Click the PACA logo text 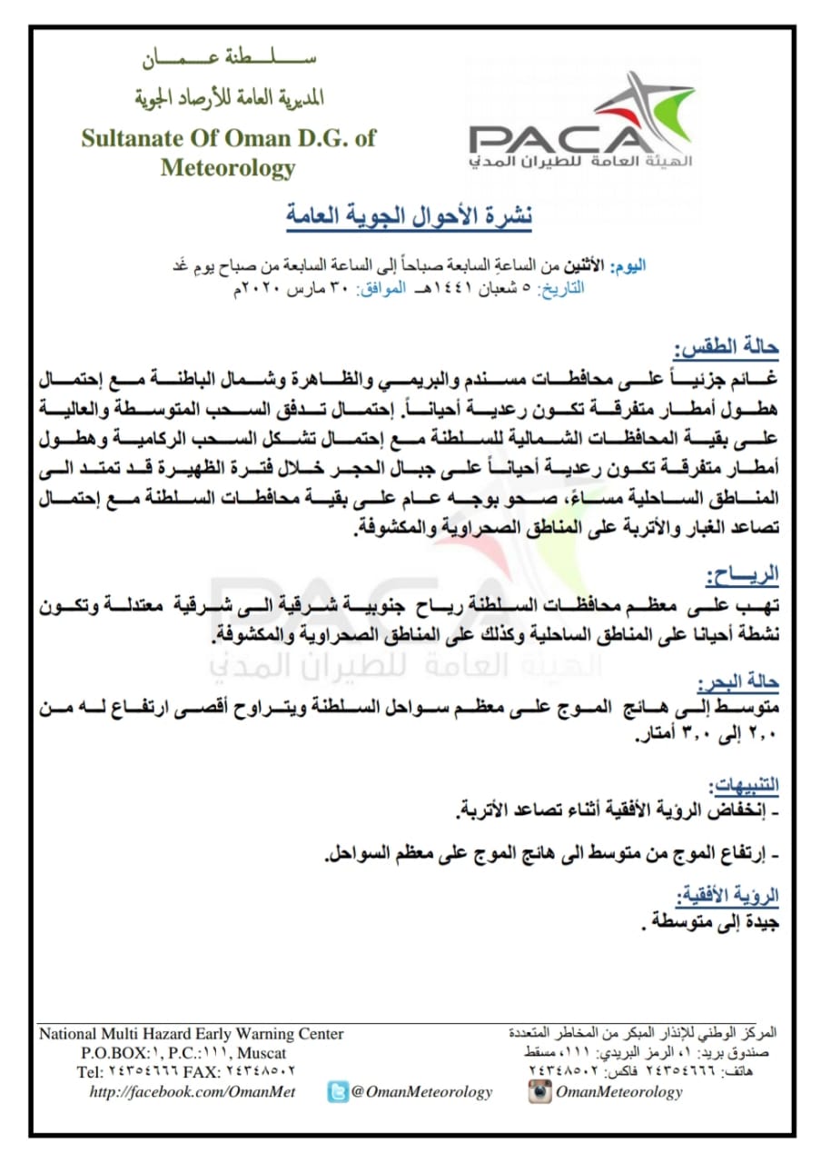click(x=556, y=139)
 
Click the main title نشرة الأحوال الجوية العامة click(x=403, y=216)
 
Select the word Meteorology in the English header click(x=228, y=168)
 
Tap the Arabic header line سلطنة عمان click(x=229, y=63)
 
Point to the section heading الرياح click(x=742, y=576)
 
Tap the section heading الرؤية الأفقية click(x=733, y=895)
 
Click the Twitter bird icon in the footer click(x=338, y=1092)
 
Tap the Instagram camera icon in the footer click(x=540, y=1092)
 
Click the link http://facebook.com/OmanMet click(x=193, y=1092)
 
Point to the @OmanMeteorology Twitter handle click(x=422, y=1092)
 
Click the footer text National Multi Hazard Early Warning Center click(x=192, y=1034)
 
